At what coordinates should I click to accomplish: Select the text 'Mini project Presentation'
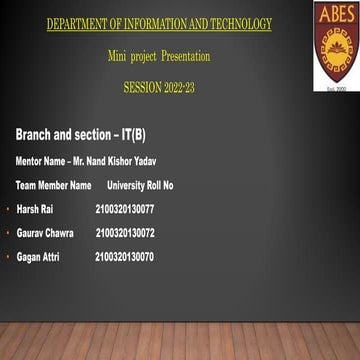tap(159, 56)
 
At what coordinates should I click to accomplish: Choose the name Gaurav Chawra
tap(45, 233)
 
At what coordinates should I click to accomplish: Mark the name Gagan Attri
tap(38, 257)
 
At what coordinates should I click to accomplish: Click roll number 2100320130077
tap(125, 209)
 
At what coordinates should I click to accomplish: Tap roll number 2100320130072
tap(125, 233)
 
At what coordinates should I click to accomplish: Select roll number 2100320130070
tap(125, 257)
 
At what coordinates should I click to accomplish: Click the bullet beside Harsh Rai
tap(7, 210)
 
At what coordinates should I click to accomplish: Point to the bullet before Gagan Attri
tap(7, 258)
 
